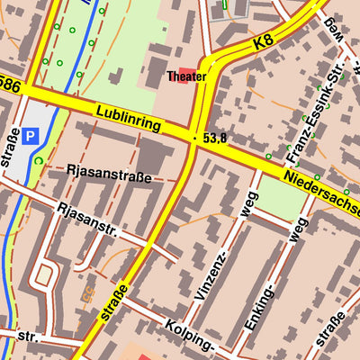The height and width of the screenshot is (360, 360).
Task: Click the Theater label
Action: (186, 77)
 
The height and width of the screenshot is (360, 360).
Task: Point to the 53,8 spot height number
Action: (214, 139)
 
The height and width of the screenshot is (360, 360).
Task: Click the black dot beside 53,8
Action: (194, 138)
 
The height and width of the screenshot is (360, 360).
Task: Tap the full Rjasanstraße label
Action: (109, 172)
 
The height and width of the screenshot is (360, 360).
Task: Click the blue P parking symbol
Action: (31, 137)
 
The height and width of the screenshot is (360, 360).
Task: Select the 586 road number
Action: (8, 83)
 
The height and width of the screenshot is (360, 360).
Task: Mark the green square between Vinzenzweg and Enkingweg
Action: (280, 199)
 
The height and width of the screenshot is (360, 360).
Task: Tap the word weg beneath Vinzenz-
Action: (238, 206)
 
